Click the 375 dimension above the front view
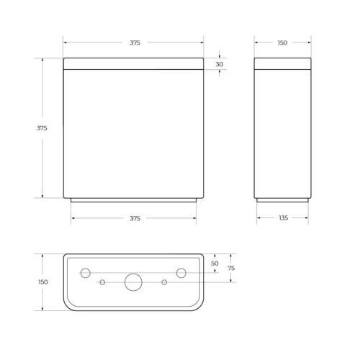click(x=135, y=43)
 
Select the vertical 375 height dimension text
click(x=42, y=127)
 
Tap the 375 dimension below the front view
click(x=135, y=217)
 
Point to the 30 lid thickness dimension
click(x=219, y=64)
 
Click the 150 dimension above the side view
click(x=282, y=43)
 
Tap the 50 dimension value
click(x=215, y=264)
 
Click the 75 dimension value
click(x=230, y=268)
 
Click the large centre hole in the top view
click(x=133, y=282)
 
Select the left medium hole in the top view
click(x=85, y=273)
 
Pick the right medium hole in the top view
click(x=181, y=273)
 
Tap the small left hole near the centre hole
click(x=102, y=282)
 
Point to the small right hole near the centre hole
click(x=165, y=282)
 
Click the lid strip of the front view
click(x=133, y=64)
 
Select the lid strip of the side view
click(x=282, y=64)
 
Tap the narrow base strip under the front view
click(x=133, y=200)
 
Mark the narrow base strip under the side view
click(x=282, y=200)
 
